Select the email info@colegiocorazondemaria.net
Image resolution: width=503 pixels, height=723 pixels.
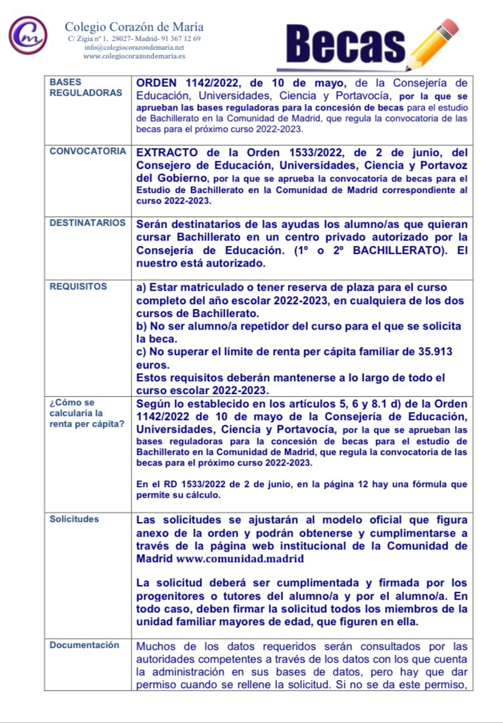click(x=134, y=48)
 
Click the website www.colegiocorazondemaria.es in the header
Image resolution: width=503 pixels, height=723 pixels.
click(x=134, y=56)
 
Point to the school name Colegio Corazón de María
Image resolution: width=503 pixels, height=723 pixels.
click(x=134, y=27)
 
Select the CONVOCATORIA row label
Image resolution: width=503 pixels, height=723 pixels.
click(x=87, y=151)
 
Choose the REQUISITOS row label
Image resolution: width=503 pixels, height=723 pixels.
click(x=78, y=286)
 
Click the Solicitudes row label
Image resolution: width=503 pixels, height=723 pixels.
click(x=74, y=519)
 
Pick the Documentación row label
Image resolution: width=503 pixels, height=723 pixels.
click(x=85, y=645)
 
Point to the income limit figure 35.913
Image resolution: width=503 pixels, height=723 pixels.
click(x=432, y=352)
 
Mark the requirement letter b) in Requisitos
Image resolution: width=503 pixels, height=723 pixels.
click(x=142, y=326)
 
